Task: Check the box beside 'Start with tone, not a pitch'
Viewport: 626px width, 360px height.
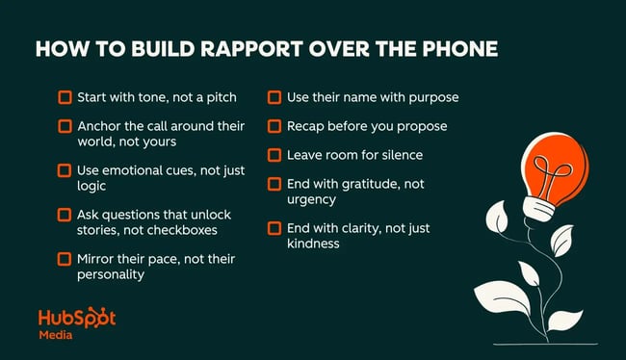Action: (x=65, y=97)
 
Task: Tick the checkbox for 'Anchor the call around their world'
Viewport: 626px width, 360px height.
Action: (x=65, y=126)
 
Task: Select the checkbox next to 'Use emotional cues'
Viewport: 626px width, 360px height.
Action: (x=65, y=170)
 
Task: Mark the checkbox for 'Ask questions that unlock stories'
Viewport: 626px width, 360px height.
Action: (x=65, y=214)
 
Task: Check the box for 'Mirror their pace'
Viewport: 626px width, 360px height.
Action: (x=65, y=258)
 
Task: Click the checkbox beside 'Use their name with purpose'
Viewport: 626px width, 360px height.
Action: (x=274, y=97)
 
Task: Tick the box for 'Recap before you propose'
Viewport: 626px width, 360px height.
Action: (x=274, y=126)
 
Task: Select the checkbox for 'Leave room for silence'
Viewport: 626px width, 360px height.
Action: (x=274, y=155)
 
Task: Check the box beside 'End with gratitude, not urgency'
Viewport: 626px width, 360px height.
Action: (x=274, y=184)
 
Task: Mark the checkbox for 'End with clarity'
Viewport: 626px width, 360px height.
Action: (x=274, y=228)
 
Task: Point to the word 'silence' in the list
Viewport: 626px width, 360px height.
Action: (x=399, y=155)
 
